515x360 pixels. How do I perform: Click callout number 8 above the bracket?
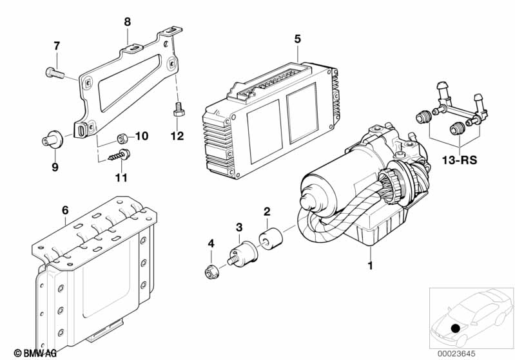click(128, 22)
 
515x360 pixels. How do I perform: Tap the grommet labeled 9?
click(53, 140)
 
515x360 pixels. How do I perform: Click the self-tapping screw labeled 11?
click(119, 156)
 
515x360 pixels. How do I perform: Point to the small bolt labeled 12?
click(179, 109)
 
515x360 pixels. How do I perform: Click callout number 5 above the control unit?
click(297, 39)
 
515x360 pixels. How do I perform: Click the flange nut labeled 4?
click(211, 272)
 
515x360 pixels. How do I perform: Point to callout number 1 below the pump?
click(370, 265)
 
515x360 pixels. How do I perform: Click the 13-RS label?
click(459, 160)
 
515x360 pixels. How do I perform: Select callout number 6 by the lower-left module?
click(65, 211)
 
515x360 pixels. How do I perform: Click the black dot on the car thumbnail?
click(455, 328)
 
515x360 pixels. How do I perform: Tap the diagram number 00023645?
click(456, 354)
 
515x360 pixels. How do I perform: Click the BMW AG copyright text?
click(35, 353)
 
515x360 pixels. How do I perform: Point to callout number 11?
click(121, 178)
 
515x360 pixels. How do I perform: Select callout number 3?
click(239, 227)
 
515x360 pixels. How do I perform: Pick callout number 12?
click(177, 136)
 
